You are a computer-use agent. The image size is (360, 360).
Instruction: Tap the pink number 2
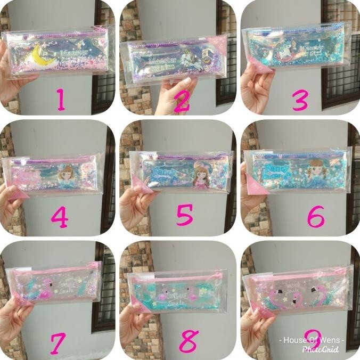[x=182, y=99]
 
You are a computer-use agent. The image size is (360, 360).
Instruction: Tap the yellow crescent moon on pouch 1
[x=38, y=54]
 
